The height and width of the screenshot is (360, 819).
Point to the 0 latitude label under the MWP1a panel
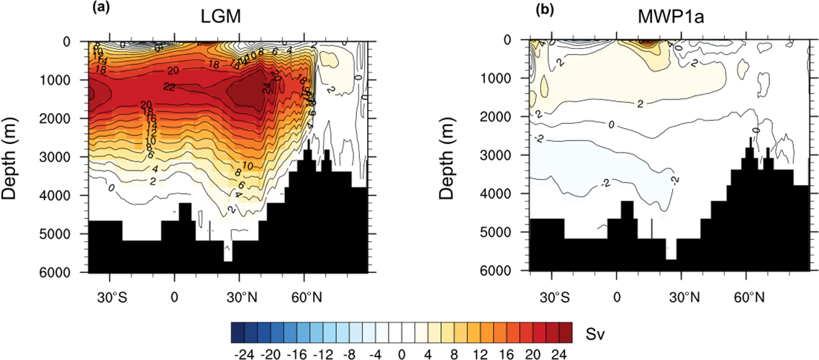point(617,295)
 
